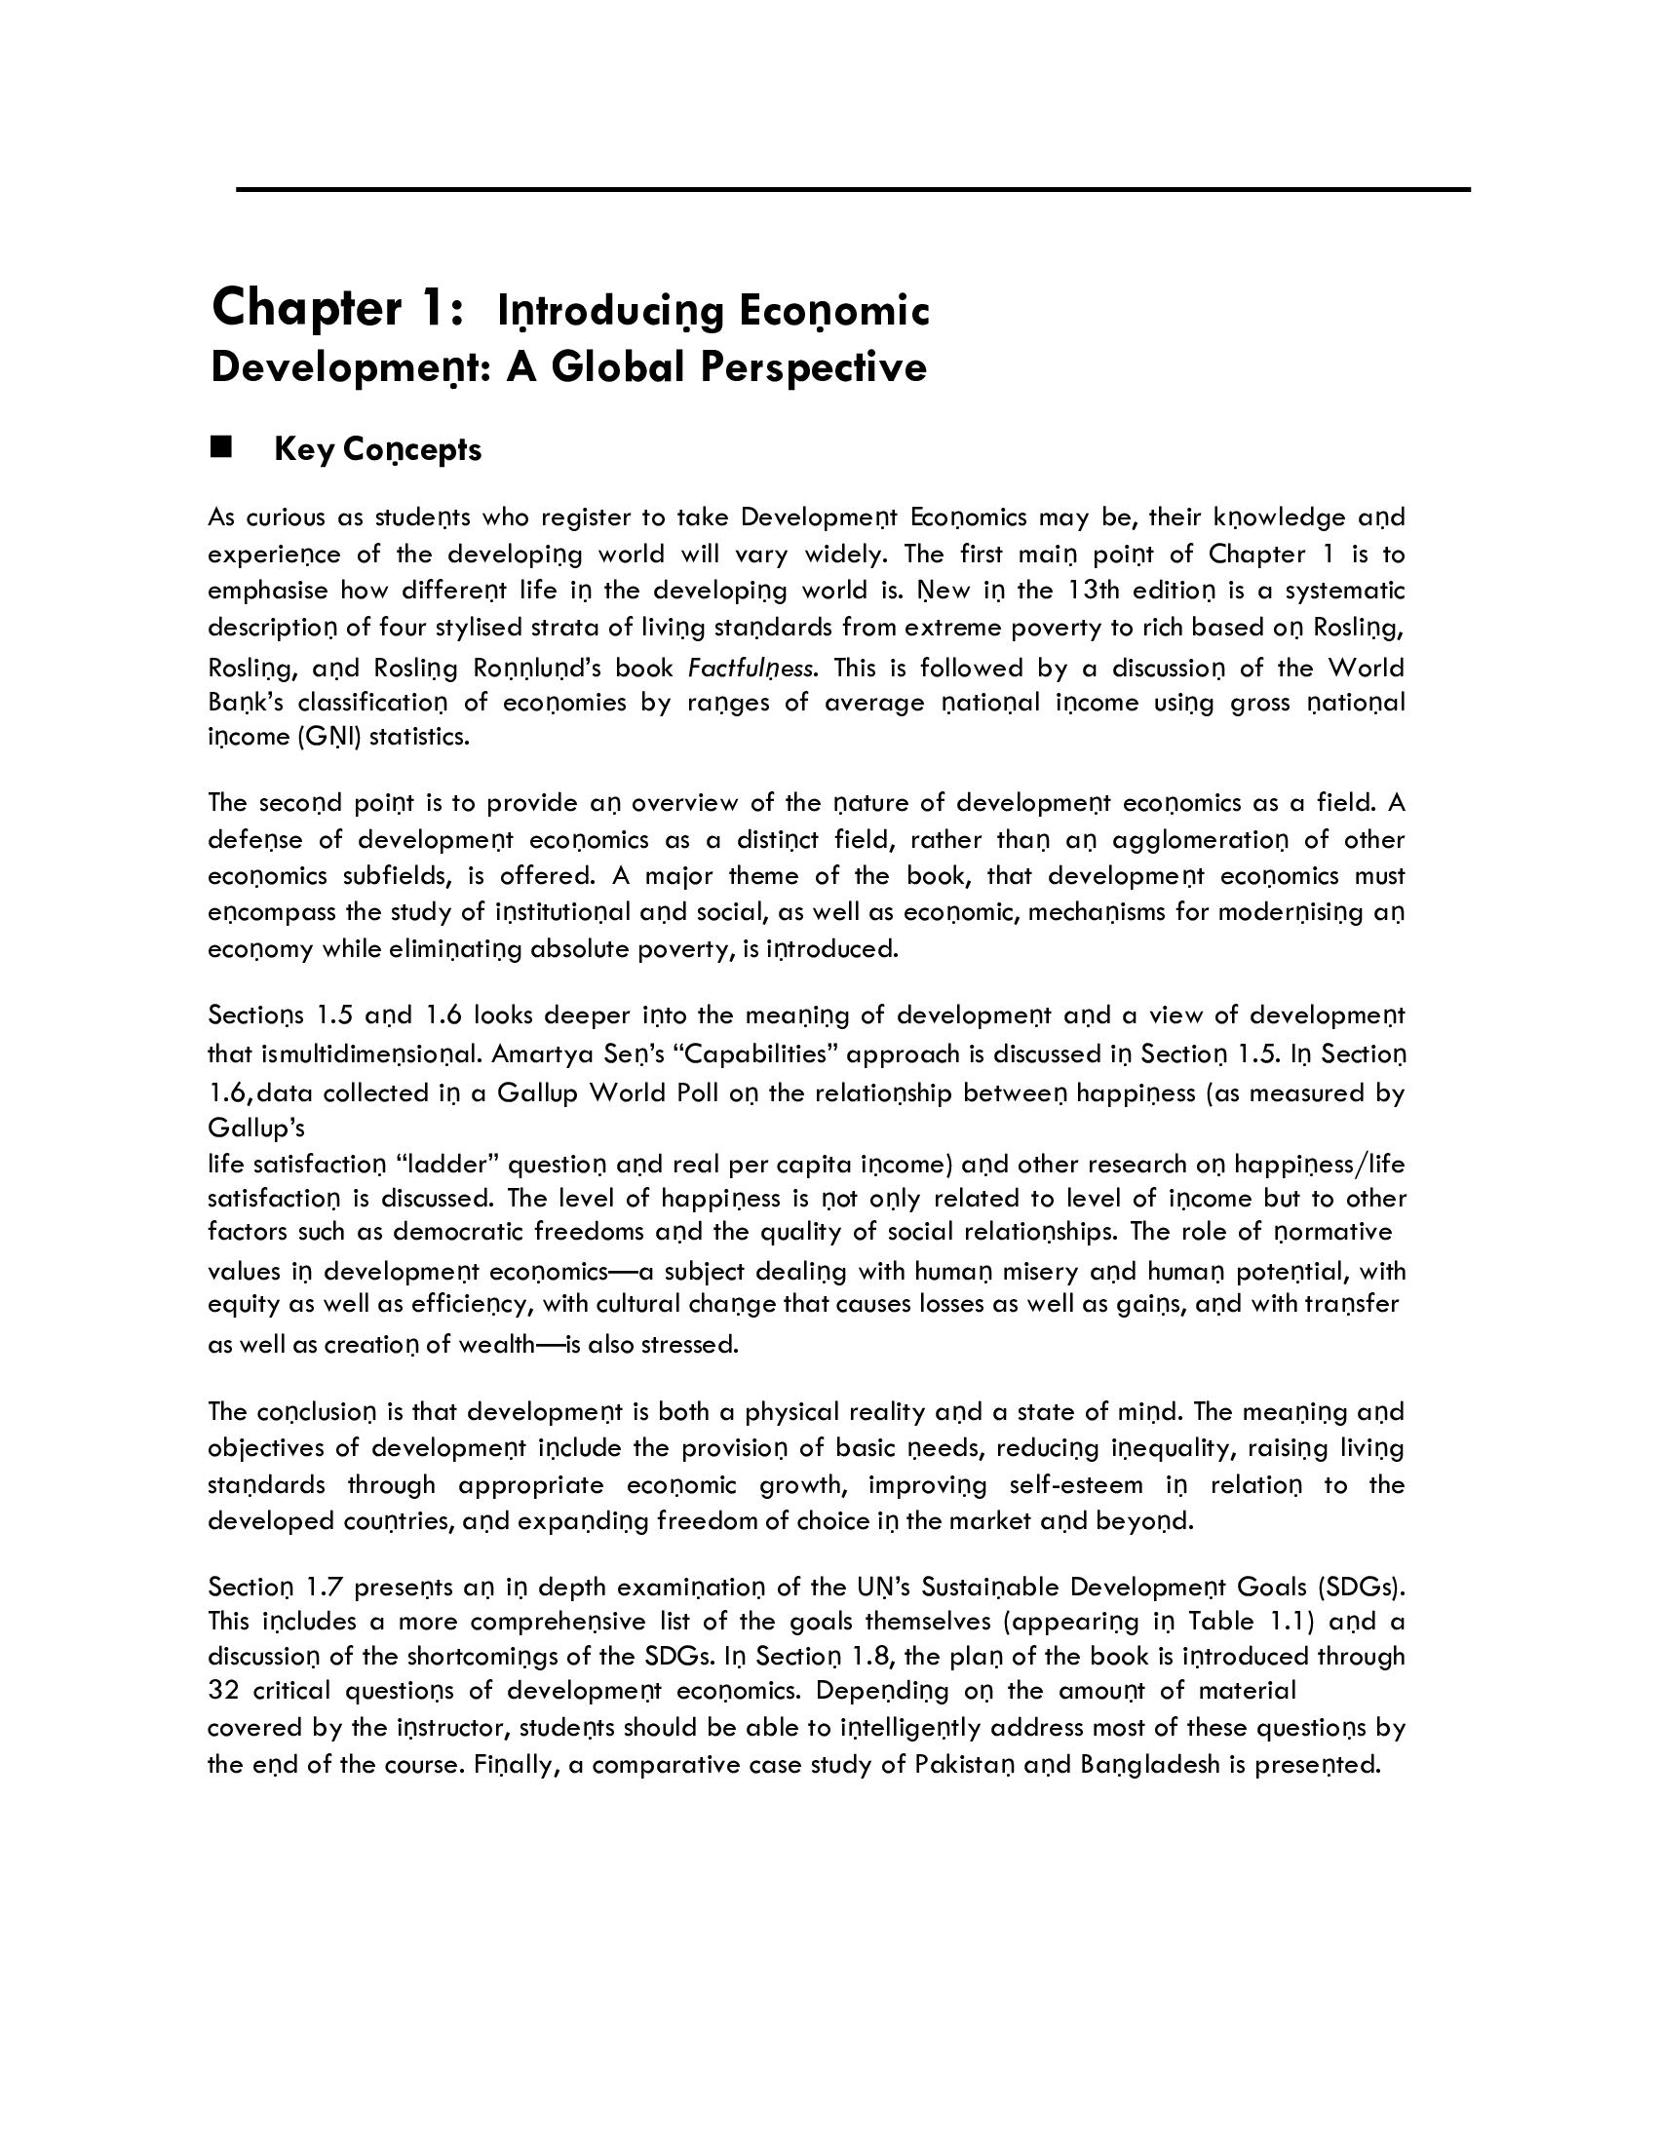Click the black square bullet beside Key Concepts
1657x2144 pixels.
pyautogui.click(x=220, y=447)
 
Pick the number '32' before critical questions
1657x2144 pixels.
pyautogui.click(x=222, y=1690)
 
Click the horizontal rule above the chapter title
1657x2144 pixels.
pyautogui.click(x=852, y=188)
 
